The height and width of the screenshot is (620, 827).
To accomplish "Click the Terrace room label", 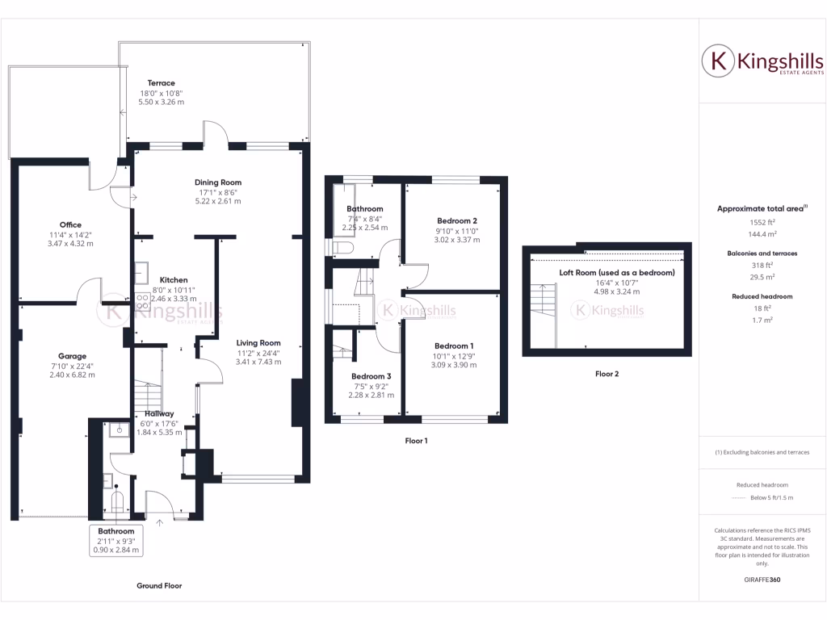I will tap(161, 83).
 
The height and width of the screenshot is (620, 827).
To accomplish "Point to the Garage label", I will tap(72, 356).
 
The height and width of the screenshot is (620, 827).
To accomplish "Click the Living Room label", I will tap(259, 342).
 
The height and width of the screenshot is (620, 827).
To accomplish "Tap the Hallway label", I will tap(160, 413).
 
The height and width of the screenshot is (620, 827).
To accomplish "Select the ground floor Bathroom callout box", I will tap(116, 541).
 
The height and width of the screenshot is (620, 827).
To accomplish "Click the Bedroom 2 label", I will tap(457, 220).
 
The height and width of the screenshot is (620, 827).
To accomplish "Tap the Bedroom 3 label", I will tap(372, 376).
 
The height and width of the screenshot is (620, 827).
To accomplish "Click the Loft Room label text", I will tap(617, 272).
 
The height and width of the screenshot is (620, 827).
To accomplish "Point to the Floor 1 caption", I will tap(416, 441).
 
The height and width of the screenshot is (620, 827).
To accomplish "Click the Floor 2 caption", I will tap(607, 374).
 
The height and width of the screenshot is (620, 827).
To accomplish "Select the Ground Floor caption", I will tap(159, 585).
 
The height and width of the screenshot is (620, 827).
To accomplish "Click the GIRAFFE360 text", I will tap(762, 580).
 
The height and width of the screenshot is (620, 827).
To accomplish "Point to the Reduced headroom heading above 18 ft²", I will tap(762, 296).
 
